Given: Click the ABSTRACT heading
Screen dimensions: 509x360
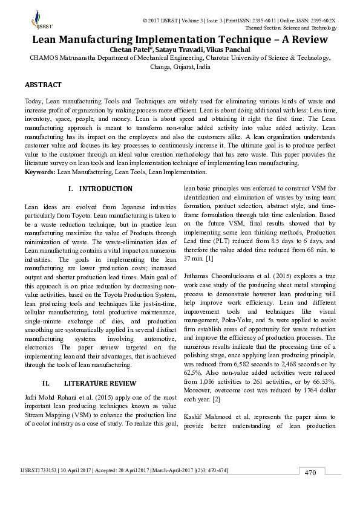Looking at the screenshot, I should pyautogui.click(x=43, y=85).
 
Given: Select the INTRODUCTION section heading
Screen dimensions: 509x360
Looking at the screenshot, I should pyautogui.click(x=105, y=189).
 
